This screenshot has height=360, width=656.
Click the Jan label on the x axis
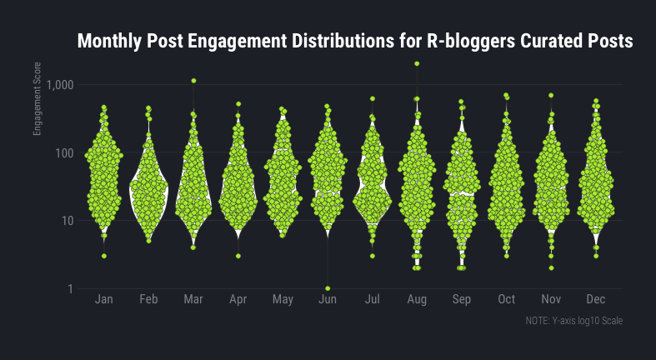click(x=104, y=300)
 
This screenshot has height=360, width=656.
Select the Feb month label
click(x=148, y=300)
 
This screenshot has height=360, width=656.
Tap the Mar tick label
click(x=193, y=300)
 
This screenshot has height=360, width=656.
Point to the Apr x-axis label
click(x=238, y=300)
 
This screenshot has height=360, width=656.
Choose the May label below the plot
click(x=283, y=300)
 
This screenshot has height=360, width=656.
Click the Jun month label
click(x=328, y=300)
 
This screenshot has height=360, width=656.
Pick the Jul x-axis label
click(x=373, y=300)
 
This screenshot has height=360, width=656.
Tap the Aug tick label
click(x=417, y=300)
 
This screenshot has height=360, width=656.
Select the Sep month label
click(x=461, y=300)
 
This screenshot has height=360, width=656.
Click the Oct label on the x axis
click(x=506, y=300)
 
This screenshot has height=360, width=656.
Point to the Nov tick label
click(x=551, y=300)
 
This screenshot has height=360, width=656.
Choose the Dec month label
click(x=596, y=300)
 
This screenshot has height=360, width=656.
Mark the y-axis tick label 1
click(x=72, y=289)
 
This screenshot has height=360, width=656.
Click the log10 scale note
click(x=574, y=321)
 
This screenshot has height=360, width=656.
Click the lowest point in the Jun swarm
click(x=328, y=288)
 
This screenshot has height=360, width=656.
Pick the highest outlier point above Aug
click(x=417, y=64)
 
